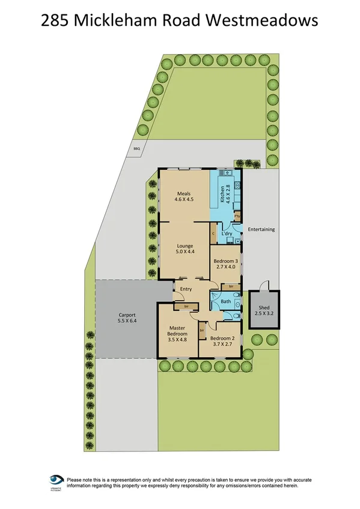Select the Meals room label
[x=183, y=193]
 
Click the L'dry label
[x=227, y=233]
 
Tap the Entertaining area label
[x=261, y=229]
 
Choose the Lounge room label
[x=183, y=245]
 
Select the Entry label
[x=186, y=289]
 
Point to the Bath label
[x=226, y=301]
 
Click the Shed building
[x=264, y=309]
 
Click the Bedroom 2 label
[x=222, y=338]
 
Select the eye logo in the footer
[x=56, y=481]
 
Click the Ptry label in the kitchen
[x=237, y=215]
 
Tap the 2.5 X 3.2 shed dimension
[x=264, y=313]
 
